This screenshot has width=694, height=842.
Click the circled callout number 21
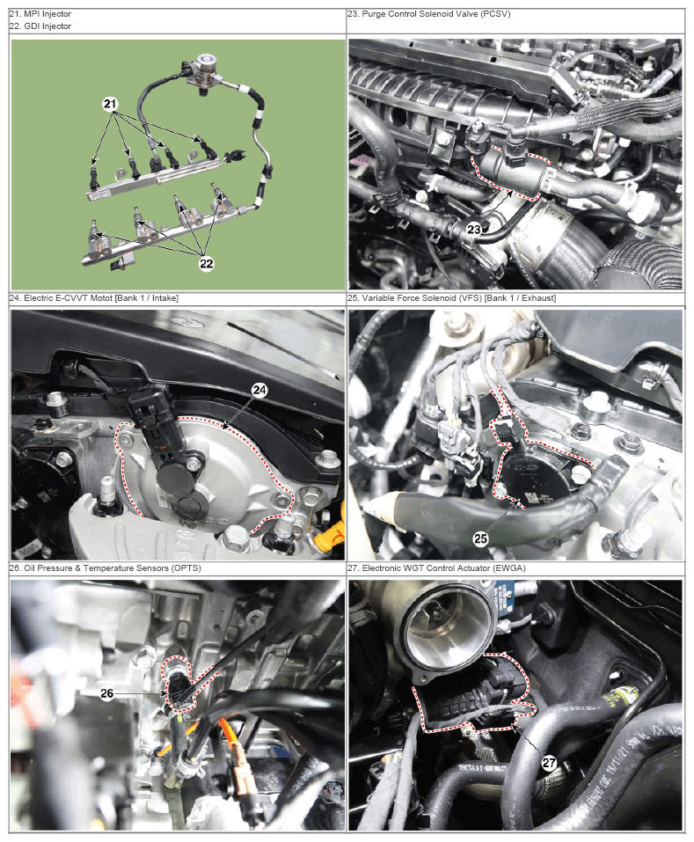coord(110,104)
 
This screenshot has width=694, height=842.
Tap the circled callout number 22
coord(207,263)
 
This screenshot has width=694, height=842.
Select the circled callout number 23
coord(474,230)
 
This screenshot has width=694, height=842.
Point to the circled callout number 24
coord(259,390)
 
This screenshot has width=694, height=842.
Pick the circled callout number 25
coord(480,538)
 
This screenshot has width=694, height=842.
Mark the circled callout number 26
coord(107,693)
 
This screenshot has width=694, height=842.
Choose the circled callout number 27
coord(549,763)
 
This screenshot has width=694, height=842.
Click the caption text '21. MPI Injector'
coord(40,14)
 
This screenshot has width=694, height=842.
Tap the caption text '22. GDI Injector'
coord(40,26)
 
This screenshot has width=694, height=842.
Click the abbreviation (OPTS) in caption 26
coord(186,567)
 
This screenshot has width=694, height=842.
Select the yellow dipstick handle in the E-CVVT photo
coord(330,531)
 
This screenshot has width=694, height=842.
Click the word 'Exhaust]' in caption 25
coord(539,297)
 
